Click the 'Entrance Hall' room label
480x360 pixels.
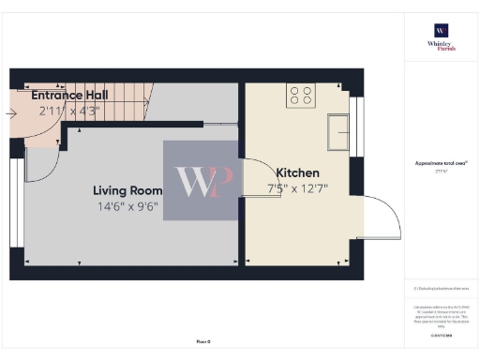coord(69,95)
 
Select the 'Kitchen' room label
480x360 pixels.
coord(297,172)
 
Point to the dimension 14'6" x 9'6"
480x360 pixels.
coord(127,206)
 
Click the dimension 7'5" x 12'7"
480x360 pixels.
coord(297,188)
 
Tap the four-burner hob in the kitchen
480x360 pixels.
coord(302,95)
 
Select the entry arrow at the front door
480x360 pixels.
coord(10,113)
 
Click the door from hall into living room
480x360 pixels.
coord(39,167)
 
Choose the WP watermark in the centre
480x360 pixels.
coord(200,181)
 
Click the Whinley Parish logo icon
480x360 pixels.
coord(441,29)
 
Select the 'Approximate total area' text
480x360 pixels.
coord(441,163)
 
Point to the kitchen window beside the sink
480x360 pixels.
coord(355,130)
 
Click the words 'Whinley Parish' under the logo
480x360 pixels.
coord(441,46)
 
